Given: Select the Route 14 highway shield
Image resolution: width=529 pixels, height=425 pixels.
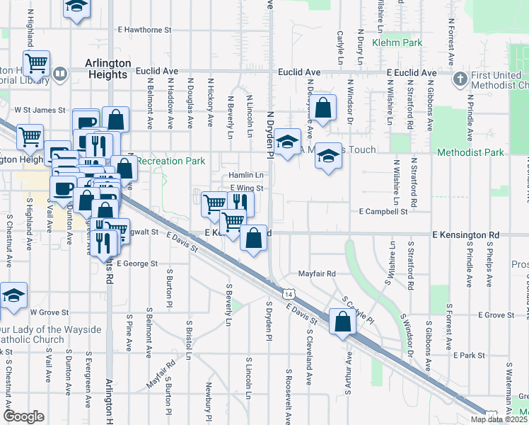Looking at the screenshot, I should click(288, 293).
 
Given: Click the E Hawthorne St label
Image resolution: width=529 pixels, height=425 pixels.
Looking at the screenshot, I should click(146, 30).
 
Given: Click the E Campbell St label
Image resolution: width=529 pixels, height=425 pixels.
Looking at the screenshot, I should click(383, 211).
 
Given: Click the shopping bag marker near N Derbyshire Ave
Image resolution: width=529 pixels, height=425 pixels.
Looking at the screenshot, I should click(323, 108).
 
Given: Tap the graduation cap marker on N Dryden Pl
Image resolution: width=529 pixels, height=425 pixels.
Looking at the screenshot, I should click(287, 142).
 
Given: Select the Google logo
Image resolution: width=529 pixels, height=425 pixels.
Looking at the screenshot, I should click(23, 416).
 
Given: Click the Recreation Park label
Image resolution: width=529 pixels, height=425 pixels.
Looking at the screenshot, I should click(170, 161).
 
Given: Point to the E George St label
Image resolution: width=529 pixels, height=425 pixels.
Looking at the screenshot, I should click(137, 263).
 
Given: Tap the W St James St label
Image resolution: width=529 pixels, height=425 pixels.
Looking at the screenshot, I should click(40, 110).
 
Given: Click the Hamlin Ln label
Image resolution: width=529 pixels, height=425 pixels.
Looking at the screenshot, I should click(245, 175).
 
